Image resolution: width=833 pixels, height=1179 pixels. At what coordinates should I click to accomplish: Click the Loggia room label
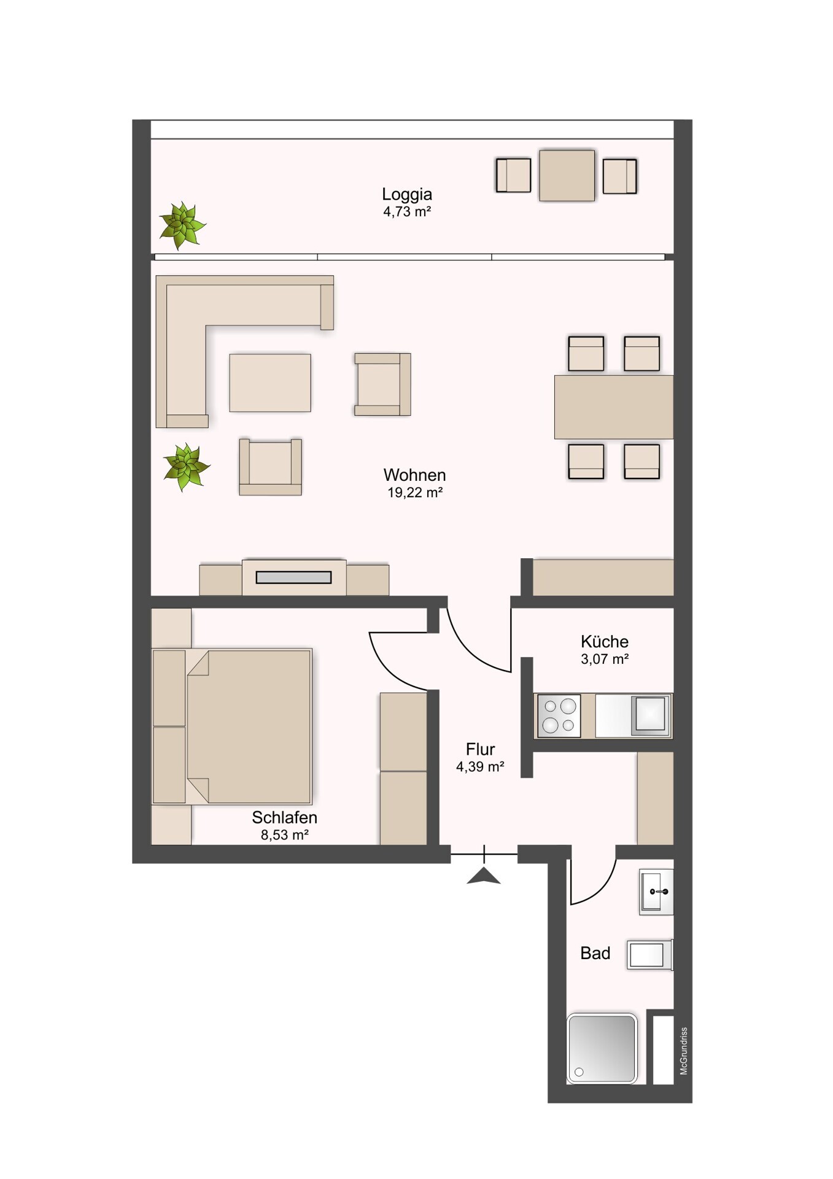click(407, 195)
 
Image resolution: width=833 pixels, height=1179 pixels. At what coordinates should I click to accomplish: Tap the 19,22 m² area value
click(416, 492)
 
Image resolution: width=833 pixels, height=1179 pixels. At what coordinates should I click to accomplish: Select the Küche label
click(605, 642)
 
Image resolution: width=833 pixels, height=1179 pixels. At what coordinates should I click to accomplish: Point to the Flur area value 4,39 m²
click(480, 766)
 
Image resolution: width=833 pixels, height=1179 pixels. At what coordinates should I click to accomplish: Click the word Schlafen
click(284, 817)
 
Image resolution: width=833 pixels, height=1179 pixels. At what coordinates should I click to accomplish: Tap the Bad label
click(595, 953)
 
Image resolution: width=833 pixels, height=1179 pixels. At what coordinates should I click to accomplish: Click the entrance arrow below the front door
click(484, 876)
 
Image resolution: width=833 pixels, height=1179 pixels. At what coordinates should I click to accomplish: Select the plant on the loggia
click(182, 226)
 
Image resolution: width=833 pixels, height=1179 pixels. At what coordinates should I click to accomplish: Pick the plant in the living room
click(187, 467)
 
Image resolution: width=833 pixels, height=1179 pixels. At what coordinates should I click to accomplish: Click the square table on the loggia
click(567, 176)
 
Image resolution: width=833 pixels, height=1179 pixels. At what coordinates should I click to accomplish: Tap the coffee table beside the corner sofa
click(270, 383)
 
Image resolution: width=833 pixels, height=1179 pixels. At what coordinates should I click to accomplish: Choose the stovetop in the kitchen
click(559, 715)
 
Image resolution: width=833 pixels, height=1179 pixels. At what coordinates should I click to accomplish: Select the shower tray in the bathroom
click(602, 1048)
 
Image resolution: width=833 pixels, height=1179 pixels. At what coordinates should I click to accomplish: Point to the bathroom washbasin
click(656, 892)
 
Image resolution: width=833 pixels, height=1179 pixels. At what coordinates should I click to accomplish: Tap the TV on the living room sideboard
click(293, 577)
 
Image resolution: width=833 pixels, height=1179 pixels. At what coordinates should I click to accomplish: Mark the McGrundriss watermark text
click(684, 1051)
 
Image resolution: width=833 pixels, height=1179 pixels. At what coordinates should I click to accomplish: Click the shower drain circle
click(579, 1072)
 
